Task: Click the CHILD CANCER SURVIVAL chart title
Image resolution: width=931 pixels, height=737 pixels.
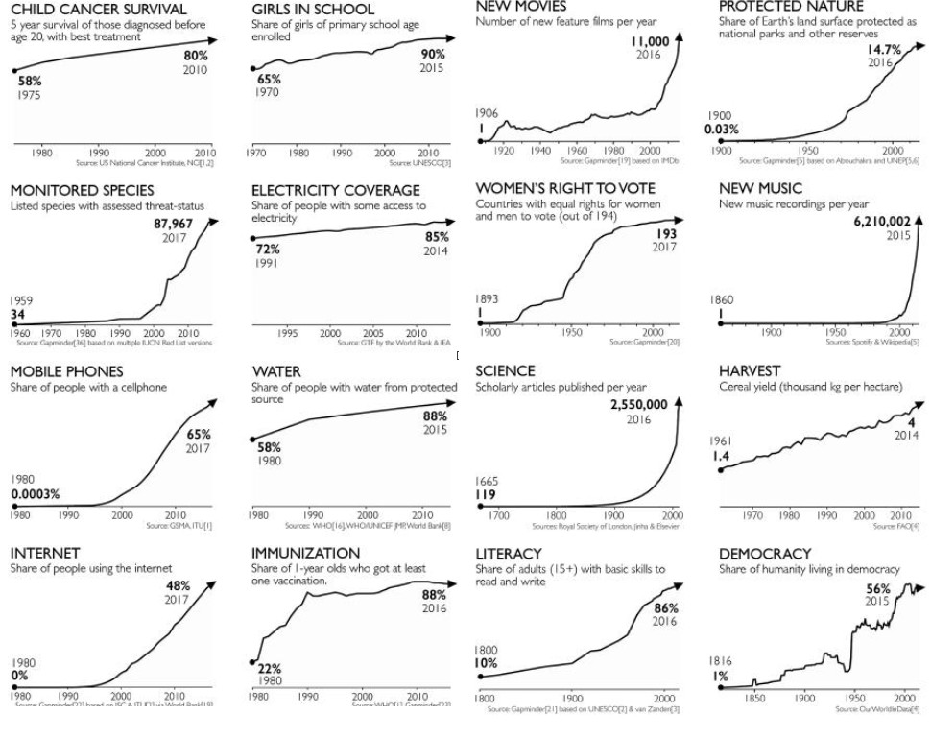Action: point(84,11)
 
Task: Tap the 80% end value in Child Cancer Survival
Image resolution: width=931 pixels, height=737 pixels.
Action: point(196,56)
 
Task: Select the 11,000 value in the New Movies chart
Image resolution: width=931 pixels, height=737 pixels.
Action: point(650,41)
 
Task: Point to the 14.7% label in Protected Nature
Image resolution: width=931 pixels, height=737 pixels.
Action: point(884,49)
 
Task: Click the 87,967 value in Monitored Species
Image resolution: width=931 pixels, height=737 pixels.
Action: point(174,225)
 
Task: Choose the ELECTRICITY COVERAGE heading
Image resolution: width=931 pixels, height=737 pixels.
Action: point(336,191)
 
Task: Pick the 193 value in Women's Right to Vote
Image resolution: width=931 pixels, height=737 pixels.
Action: point(666,234)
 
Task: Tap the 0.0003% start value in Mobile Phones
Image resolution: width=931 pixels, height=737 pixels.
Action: point(36,494)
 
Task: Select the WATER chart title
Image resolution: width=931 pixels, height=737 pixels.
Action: point(276,371)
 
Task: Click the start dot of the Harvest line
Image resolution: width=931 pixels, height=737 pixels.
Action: point(721,469)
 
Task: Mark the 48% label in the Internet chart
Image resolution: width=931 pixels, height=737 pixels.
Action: point(179,585)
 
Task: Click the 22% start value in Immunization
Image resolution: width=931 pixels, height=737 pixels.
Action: point(270,668)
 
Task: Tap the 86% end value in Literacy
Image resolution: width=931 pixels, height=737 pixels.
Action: point(666,608)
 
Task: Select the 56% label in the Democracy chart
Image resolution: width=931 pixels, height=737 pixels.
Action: point(877,588)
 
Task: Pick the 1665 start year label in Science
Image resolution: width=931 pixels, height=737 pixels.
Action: point(488,481)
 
